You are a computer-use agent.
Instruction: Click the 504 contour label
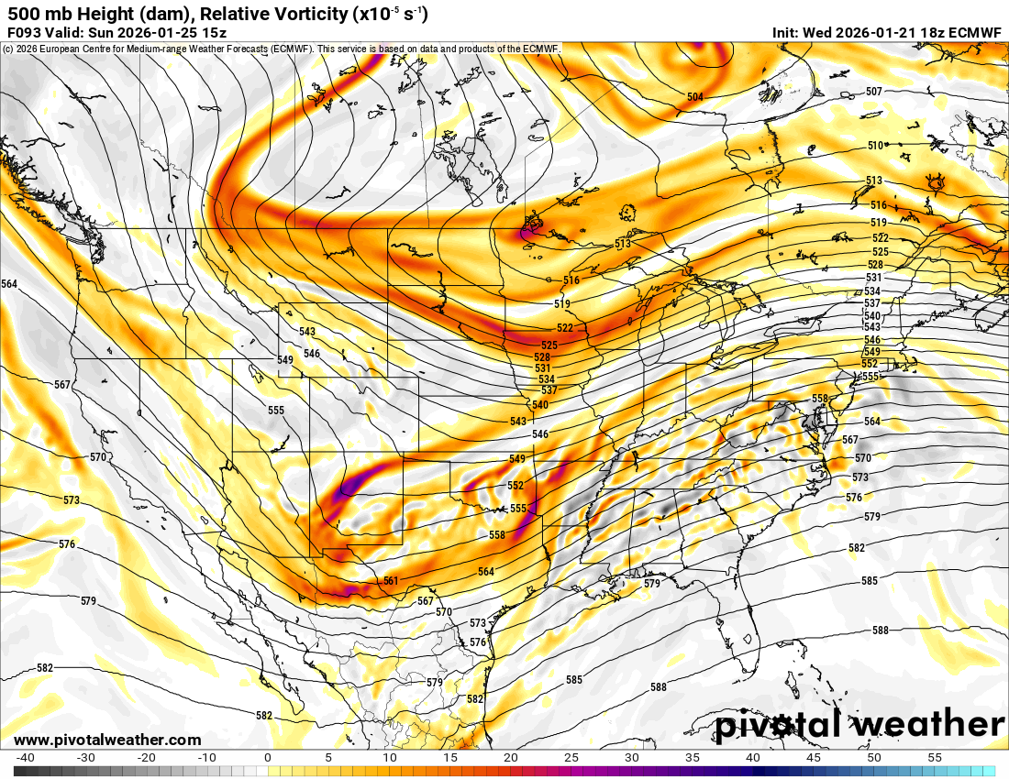click(695, 97)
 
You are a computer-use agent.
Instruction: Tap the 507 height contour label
click(874, 92)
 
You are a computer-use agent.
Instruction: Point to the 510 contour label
click(875, 146)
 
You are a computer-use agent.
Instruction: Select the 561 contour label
click(391, 581)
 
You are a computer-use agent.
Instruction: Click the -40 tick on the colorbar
click(26, 758)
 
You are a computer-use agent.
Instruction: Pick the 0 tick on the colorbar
click(268, 758)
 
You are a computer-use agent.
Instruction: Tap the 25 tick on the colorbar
click(571, 758)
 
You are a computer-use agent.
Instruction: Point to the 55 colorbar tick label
click(935, 758)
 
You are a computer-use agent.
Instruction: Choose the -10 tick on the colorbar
click(207, 758)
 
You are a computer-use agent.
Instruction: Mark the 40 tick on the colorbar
click(752, 758)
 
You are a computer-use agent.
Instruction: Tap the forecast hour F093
click(24, 32)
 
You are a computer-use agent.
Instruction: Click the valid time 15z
click(212, 32)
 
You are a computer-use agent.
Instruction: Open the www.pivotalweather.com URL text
click(107, 740)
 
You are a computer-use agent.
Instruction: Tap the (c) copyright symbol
click(7, 49)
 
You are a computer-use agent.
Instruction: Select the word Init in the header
click(786, 32)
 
